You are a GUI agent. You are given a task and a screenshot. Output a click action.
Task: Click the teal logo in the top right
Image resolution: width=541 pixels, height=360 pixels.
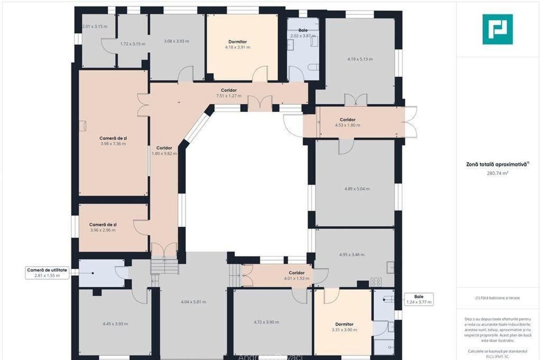[497, 29]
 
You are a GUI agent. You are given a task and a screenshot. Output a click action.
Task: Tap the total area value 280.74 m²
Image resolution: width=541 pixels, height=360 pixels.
[497, 172]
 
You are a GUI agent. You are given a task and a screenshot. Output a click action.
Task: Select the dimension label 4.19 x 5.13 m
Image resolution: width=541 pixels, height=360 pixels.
[359, 59]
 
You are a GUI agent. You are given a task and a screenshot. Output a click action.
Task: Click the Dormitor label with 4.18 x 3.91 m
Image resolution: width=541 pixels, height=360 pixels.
[238, 44]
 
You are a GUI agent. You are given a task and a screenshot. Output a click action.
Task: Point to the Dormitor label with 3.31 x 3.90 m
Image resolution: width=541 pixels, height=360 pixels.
[344, 327]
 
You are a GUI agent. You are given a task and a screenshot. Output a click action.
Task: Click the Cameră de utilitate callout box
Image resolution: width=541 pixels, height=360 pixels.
[47, 272]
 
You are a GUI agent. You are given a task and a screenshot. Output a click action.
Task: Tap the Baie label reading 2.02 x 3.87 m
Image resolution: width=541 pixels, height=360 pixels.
[303, 32]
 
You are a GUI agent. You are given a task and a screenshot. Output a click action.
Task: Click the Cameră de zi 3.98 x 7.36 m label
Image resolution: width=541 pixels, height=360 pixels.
[113, 141]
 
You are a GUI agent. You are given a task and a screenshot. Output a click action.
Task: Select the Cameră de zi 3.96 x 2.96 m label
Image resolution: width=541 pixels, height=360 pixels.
[103, 227]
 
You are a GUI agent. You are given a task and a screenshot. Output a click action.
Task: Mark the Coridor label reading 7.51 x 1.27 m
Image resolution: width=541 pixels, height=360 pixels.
[229, 93]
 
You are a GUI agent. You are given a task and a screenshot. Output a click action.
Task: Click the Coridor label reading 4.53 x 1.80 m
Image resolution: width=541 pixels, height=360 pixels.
[347, 122]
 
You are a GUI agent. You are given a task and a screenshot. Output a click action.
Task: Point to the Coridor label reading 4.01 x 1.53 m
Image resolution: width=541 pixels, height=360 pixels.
[297, 276]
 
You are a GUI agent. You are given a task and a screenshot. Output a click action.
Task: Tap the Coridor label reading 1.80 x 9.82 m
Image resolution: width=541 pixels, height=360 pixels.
[164, 151]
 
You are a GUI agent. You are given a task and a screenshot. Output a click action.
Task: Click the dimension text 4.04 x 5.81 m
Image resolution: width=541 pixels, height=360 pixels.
[193, 302]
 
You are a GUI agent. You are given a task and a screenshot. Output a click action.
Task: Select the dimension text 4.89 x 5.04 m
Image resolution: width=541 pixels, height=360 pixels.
[357, 189]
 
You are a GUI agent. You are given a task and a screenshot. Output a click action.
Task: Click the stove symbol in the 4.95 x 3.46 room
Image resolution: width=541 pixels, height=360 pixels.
[376, 282]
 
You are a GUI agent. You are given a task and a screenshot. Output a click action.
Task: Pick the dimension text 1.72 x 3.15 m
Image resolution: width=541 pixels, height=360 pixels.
[133, 44]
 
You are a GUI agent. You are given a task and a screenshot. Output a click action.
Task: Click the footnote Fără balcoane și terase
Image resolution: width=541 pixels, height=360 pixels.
[497, 298]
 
